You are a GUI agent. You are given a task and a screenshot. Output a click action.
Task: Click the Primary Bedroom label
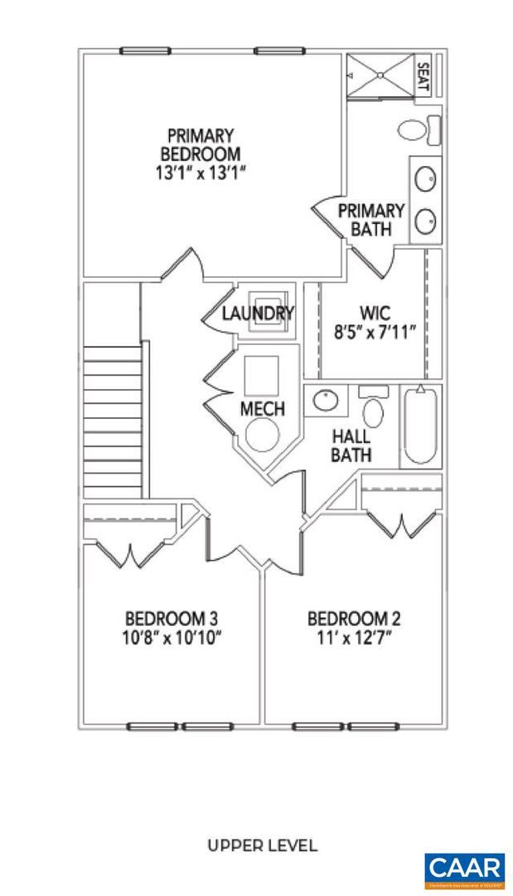pyautogui.click(x=201, y=144)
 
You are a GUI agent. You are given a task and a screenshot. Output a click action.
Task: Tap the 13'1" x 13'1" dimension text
pyautogui.click(x=201, y=174)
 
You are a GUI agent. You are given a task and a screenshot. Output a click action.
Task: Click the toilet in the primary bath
pyautogui.click(x=419, y=129)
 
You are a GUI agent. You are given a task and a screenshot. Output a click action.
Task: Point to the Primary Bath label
pyautogui.click(x=370, y=220)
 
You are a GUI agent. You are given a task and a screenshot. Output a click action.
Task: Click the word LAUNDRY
pyautogui.click(x=259, y=314)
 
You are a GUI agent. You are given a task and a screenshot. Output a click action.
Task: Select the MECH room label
pyautogui.click(x=262, y=409)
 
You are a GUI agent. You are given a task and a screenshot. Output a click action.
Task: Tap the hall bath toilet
pyautogui.click(x=375, y=409)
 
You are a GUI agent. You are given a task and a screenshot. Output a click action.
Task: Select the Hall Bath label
pyautogui.click(x=351, y=446)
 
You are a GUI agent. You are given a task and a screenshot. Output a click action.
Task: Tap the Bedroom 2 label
pyautogui.click(x=354, y=619)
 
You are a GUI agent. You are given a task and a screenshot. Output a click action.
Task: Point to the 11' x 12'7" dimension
pyautogui.click(x=354, y=638)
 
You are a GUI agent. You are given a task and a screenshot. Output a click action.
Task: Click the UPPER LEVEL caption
pyautogui.click(x=262, y=846)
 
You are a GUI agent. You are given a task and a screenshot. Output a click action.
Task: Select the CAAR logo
pyautogui.click(x=464, y=869)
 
